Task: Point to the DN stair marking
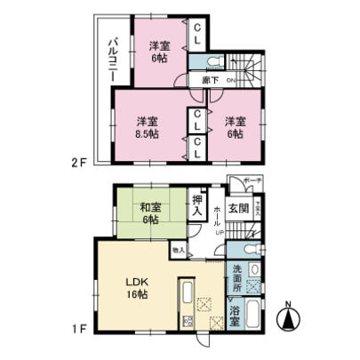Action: pos(229,82)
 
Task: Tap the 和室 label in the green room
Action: pos(148,210)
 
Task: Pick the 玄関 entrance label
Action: pos(237,210)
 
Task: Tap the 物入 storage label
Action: pos(178,252)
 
